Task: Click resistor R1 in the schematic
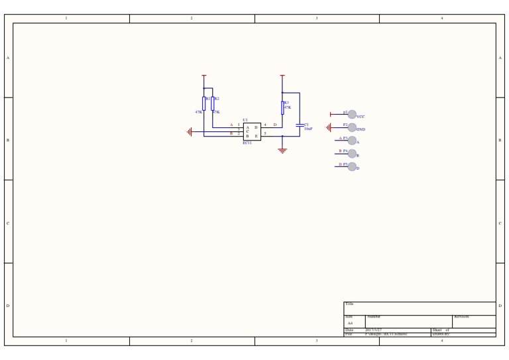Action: tap(204, 103)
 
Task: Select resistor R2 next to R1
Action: tap(213, 103)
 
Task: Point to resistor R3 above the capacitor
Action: tap(282, 107)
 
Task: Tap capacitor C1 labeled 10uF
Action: tap(300, 125)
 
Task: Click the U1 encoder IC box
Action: tap(252, 131)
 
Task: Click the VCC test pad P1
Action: tap(352, 114)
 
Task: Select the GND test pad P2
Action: tap(352, 127)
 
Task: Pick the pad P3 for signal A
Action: tap(352, 141)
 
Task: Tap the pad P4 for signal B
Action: tap(352, 154)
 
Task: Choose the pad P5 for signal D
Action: tap(352, 166)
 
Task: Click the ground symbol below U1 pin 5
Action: tap(282, 150)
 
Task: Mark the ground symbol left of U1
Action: tap(190, 132)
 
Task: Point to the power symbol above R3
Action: tap(282, 76)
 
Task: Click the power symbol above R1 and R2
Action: tap(204, 76)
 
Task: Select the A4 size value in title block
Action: tap(350, 324)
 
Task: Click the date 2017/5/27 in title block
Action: tap(373, 330)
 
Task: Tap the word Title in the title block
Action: tap(349, 304)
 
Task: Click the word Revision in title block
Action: tap(462, 317)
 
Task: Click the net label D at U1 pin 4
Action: tap(275, 125)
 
